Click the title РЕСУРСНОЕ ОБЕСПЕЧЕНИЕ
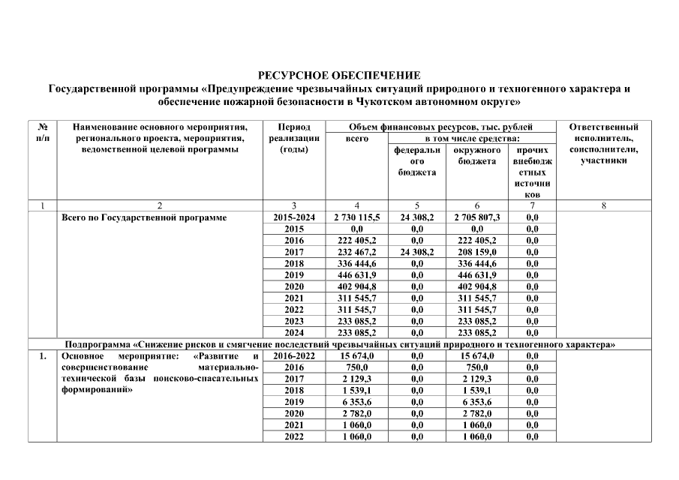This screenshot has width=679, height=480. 339,76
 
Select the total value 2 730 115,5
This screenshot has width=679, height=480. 356,217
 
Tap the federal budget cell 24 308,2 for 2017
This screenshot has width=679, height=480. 416,253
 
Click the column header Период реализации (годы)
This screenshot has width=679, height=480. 294,138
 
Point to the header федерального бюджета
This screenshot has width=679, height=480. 416,161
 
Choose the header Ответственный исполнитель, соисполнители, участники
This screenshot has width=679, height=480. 603,144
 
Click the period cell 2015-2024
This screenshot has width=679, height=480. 294,217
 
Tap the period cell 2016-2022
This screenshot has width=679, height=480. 294,355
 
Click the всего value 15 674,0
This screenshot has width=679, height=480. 356,355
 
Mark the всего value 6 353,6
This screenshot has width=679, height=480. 356,402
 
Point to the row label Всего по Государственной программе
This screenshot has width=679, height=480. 145,217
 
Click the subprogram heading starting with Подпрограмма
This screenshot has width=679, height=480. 340,344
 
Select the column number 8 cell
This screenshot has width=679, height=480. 603,205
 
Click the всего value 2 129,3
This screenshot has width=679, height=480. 356,379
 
